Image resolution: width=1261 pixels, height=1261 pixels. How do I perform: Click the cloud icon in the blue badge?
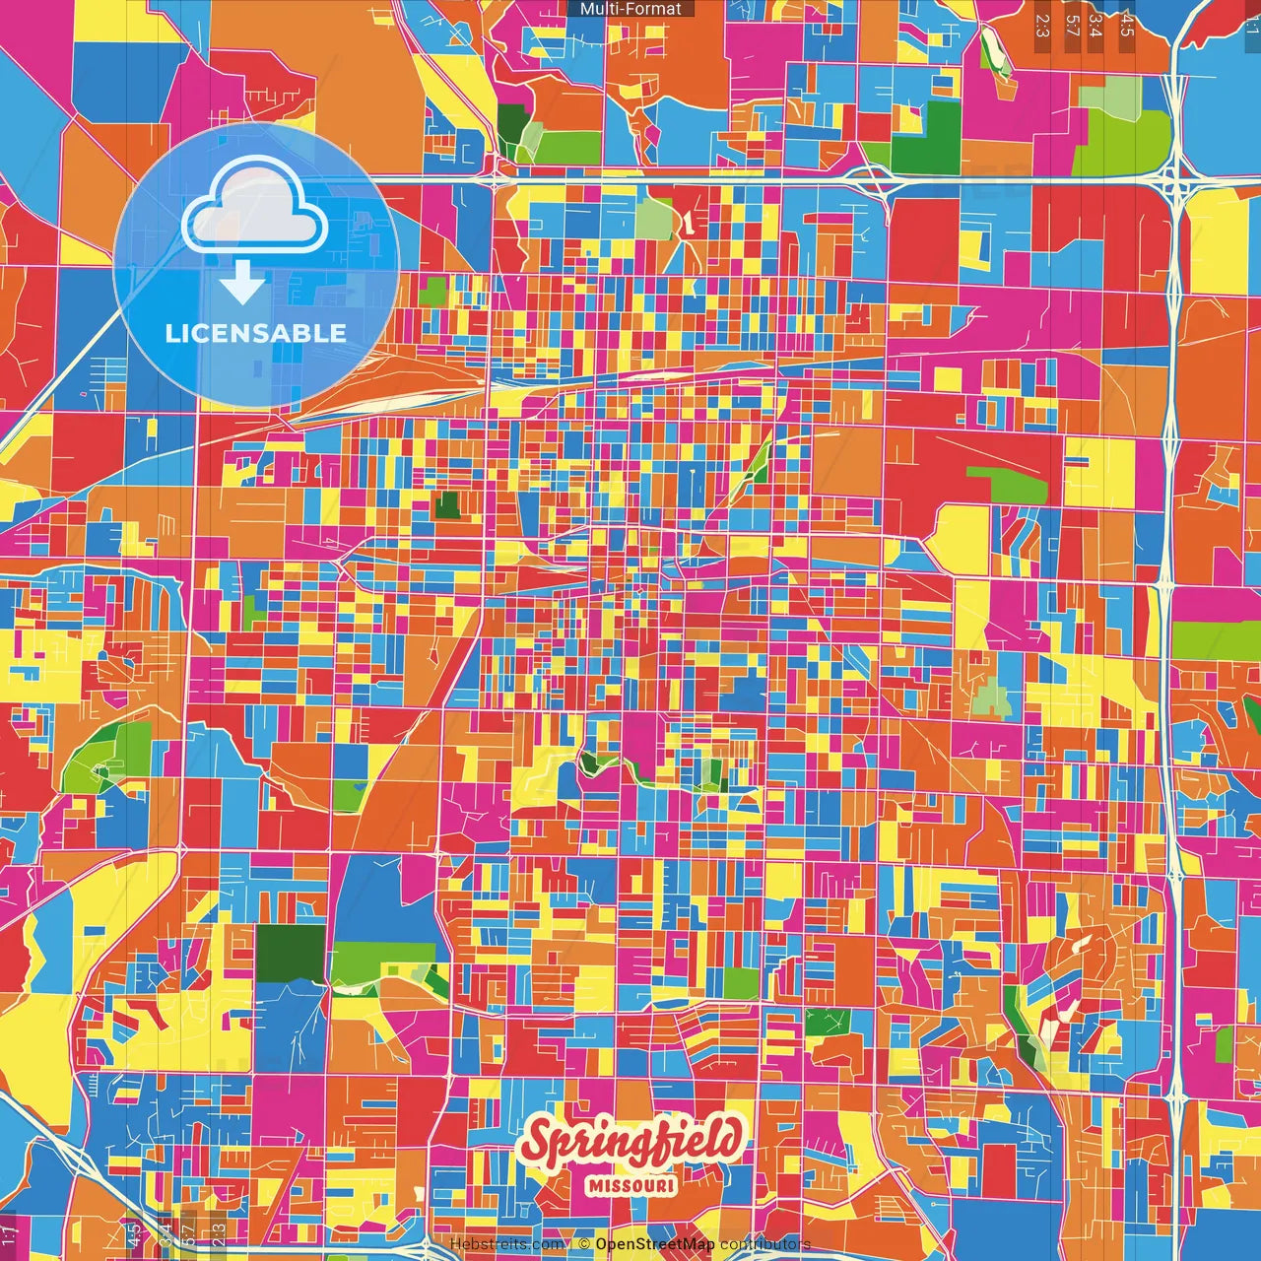tap(255, 206)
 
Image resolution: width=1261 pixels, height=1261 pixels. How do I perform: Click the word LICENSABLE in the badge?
tap(256, 333)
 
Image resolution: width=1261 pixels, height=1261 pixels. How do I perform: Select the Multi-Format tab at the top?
tap(630, 9)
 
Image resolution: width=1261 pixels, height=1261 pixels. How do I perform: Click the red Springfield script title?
tap(630, 1142)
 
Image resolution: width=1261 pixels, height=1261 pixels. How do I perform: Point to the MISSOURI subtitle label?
tap(631, 1185)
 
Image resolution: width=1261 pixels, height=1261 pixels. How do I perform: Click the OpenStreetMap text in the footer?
tap(655, 1244)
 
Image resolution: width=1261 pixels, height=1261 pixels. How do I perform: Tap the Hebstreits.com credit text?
tap(507, 1244)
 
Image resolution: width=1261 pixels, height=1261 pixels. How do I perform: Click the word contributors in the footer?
tap(765, 1244)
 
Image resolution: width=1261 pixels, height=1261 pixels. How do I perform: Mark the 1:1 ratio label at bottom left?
tap(9, 1234)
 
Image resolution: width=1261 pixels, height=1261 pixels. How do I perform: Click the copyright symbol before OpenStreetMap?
tap(584, 1244)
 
